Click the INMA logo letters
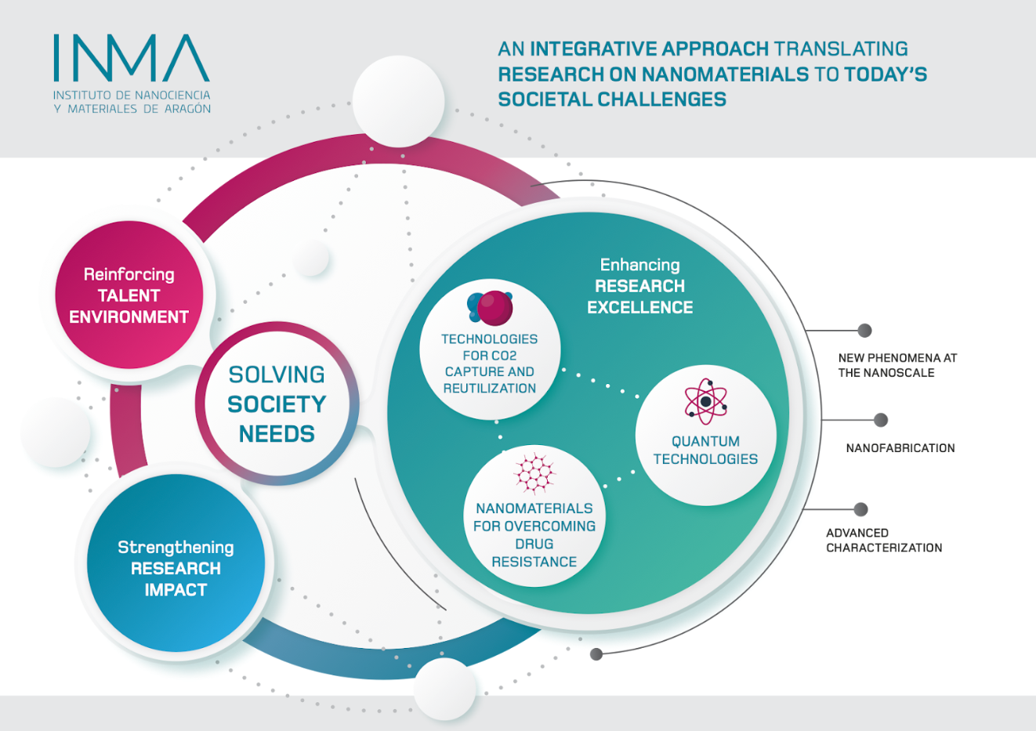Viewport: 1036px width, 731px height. click(x=132, y=58)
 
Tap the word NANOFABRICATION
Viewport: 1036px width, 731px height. click(x=900, y=448)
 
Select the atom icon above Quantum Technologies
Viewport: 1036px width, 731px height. click(x=706, y=401)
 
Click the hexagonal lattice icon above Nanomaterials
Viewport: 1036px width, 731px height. click(x=534, y=473)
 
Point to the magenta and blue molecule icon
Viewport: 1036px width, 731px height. click(x=490, y=307)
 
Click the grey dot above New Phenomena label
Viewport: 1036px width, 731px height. click(x=864, y=331)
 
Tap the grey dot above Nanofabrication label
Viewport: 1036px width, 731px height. click(x=881, y=420)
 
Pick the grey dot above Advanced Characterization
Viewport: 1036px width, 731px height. click(x=860, y=509)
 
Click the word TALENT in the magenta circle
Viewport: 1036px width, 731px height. click(x=129, y=296)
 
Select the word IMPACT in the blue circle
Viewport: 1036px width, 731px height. click(x=176, y=590)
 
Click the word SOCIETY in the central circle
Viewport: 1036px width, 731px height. click(x=277, y=404)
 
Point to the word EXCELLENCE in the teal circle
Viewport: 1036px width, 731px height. click(x=640, y=307)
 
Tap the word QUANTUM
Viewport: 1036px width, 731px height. click(x=706, y=442)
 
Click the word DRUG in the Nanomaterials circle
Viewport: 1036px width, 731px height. click(x=534, y=544)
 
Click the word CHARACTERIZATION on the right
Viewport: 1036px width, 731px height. click(x=884, y=548)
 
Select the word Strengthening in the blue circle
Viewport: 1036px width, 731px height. click(x=176, y=548)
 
